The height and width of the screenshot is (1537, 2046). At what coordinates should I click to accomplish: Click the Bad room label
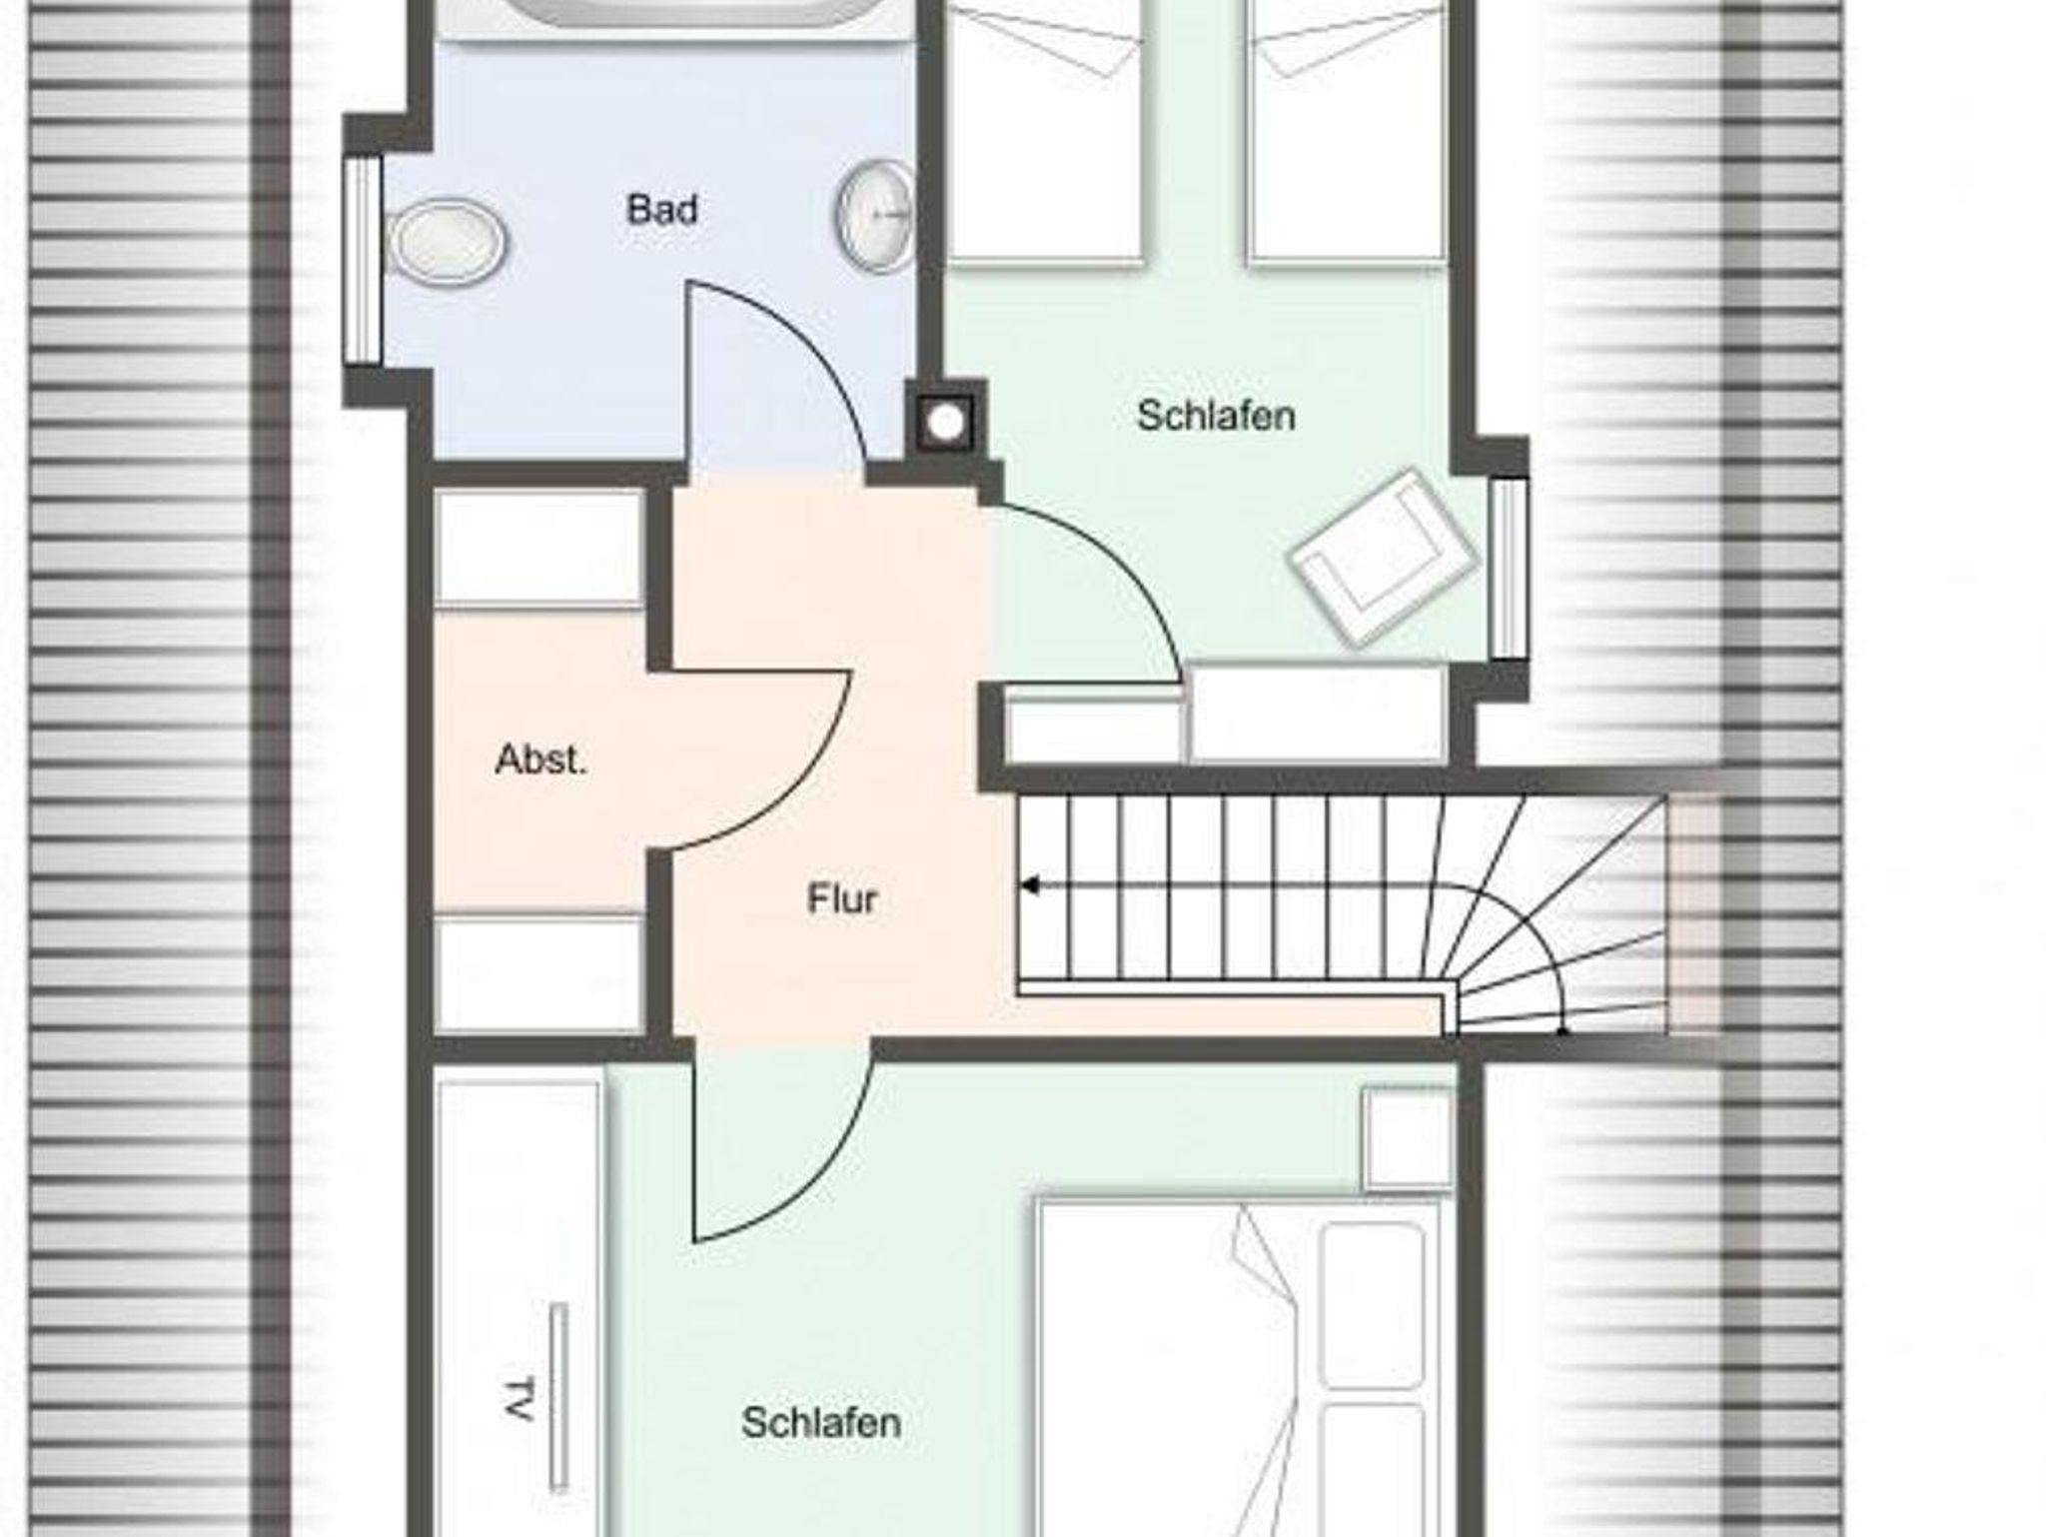tap(661, 210)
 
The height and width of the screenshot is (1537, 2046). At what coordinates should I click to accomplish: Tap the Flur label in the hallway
tap(842, 899)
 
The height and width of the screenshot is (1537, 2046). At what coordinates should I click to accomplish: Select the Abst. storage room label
tap(540, 761)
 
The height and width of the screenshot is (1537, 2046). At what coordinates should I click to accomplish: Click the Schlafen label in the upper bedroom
tap(1216, 416)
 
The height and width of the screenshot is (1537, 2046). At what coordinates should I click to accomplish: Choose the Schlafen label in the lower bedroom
tap(821, 1422)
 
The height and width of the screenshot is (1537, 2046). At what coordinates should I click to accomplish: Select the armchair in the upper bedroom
tap(1383, 556)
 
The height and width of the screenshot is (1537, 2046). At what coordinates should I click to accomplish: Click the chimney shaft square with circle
tap(945, 424)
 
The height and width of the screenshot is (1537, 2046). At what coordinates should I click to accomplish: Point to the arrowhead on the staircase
tap(1029, 885)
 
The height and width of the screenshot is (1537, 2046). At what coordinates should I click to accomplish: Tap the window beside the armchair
tap(1509, 568)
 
